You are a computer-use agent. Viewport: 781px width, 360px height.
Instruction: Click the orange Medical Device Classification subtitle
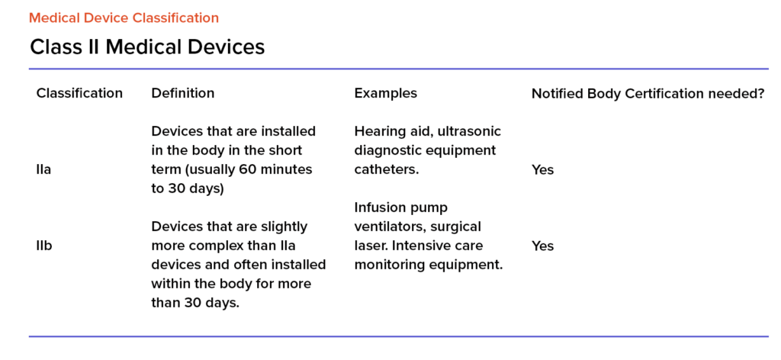[x=124, y=18]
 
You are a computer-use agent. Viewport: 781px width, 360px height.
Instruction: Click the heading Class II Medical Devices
[x=147, y=47]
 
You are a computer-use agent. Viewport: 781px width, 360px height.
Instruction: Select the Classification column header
[x=79, y=93]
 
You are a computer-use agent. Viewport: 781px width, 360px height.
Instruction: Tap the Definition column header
[x=183, y=93]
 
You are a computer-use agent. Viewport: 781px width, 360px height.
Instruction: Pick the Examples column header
[x=385, y=93]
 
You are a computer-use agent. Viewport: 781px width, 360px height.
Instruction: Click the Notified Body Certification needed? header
[x=648, y=94]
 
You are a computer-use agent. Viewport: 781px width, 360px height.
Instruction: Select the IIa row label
[x=43, y=170]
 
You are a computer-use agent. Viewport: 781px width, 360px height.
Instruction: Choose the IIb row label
[x=43, y=246]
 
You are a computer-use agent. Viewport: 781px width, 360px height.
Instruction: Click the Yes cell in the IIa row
[x=542, y=170]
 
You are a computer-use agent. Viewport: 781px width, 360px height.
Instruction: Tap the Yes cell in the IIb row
[x=542, y=246]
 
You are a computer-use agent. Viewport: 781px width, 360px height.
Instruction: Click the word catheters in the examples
[x=385, y=170]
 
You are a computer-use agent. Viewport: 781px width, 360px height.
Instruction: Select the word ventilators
[x=389, y=227]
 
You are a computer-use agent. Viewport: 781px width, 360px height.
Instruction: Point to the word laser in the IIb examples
[x=368, y=246]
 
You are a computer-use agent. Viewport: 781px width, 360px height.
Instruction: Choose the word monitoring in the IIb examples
[x=387, y=265]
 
